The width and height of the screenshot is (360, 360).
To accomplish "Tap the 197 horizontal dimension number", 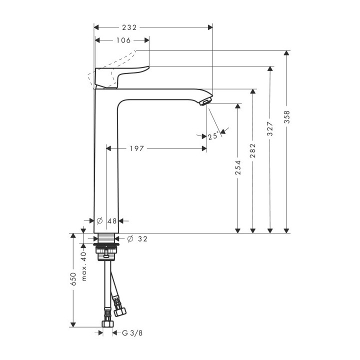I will [136, 148].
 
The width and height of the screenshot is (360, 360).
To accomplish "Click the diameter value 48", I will [112, 220].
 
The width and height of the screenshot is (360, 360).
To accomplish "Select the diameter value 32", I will [142, 239].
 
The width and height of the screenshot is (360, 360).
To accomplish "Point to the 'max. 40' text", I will [84, 265].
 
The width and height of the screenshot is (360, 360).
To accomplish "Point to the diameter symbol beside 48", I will [99, 220].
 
